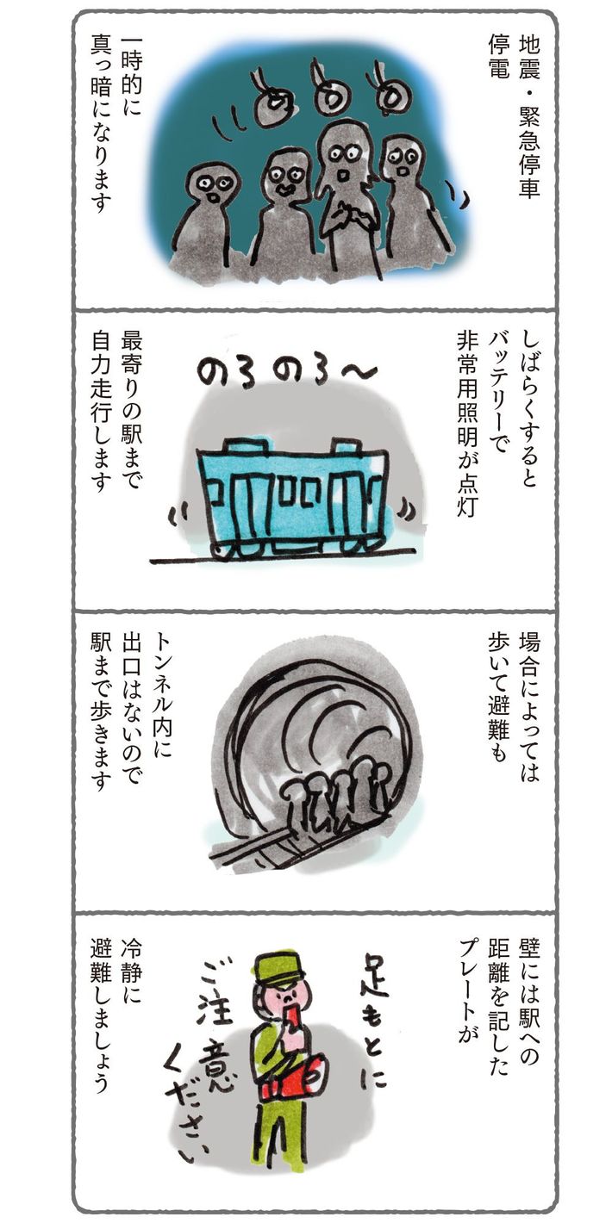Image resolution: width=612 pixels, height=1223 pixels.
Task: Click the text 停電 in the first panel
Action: tap(498, 57)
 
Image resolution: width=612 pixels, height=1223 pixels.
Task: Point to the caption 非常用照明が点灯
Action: tap(468, 425)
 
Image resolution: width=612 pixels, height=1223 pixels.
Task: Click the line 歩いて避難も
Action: tap(498, 696)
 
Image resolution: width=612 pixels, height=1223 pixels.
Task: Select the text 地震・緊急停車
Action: tap(529, 117)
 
